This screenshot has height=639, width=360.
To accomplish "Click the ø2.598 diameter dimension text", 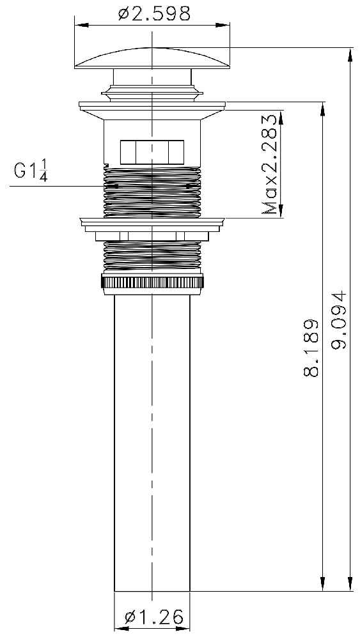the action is [x=154, y=14].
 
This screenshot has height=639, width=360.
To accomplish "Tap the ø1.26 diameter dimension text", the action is [x=154, y=618].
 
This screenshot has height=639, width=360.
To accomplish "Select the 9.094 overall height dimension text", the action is [x=338, y=319].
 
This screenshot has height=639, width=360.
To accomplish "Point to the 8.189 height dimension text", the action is [x=311, y=348].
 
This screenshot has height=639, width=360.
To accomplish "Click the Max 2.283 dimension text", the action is [x=269, y=164].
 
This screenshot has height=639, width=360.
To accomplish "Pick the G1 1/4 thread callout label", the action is [x=31, y=171].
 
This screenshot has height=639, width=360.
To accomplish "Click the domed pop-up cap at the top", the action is [x=152, y=58].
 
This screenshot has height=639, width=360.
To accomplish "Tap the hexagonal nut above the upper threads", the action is [x=152, y=151].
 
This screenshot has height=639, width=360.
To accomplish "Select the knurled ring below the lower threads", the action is [x=152, y=282].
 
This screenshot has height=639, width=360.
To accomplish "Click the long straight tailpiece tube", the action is [x=152, y=443].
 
